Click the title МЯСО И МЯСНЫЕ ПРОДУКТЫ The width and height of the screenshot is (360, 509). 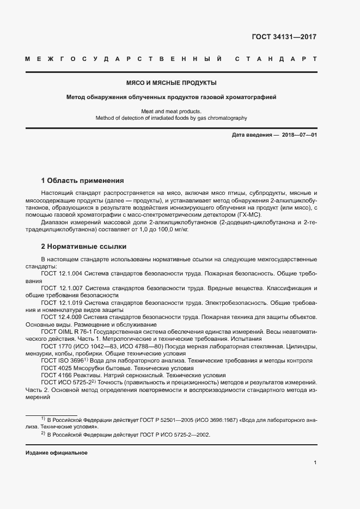pyautogui.click(x=171, y=83)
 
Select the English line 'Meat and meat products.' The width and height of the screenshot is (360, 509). pyautogui.click(x=171, y=111)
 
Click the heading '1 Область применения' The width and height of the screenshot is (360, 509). pyautogui.click(x=83, y=180)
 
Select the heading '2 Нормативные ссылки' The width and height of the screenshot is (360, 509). pyautogui.click(x=83, y=247)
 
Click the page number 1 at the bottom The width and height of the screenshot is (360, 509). pyautogui.click(x=315, y=463)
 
